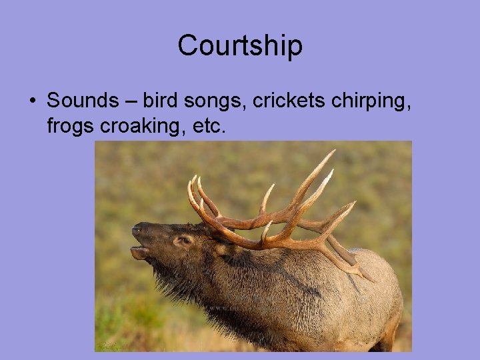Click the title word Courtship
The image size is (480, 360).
coord(240,46)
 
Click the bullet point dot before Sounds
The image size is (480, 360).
coord(31,101)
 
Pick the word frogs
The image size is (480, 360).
coord(71,126)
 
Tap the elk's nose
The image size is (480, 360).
coord(137,230)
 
